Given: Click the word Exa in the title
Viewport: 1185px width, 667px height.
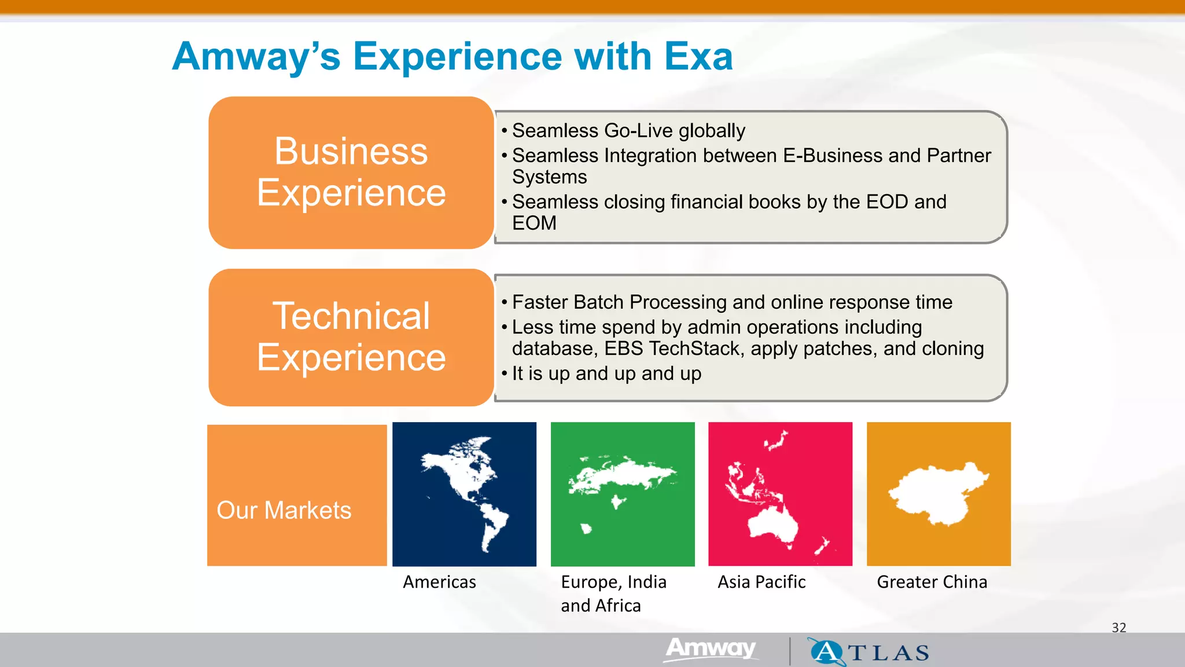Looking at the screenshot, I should click(x=698, y=57).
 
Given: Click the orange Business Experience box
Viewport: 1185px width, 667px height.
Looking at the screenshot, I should click(x=351, y=173).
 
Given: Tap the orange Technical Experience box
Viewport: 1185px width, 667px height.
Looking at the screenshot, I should click(x=351, y=337).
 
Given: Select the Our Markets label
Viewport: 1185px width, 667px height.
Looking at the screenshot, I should click(x=284, y=510).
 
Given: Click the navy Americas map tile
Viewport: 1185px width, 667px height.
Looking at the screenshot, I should click(x=464, y=494).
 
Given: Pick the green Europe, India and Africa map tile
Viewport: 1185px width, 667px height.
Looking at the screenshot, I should click(x=623, y=494).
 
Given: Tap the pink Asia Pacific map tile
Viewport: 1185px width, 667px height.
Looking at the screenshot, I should click(x=780, y=494).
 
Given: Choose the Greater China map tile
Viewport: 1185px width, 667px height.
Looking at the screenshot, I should click(x=939, y=494).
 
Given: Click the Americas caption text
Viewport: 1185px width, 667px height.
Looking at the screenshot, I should click(x=439, y=582).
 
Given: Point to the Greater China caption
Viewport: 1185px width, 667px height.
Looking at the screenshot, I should click(x=932, y=582).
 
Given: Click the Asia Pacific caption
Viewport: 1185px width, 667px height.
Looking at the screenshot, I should click(x=761, y=582).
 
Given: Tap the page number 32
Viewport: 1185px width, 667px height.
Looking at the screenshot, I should click(x=1119, y=628).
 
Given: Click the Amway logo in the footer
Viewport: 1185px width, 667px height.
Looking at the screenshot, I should click(x=711, y=648).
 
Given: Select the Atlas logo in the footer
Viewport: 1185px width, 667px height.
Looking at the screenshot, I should click(x=869, y=652).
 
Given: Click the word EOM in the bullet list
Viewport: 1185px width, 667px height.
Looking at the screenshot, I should click(x=534, y=223).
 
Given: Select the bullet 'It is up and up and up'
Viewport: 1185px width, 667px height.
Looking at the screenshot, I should click(x=606, y=374).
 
